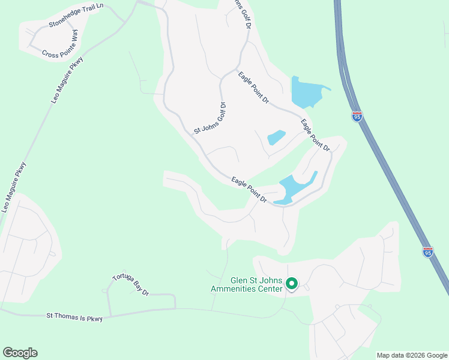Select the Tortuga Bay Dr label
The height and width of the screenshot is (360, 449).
tap(130, 285)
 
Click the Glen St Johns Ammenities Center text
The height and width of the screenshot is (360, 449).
tap(247, 284)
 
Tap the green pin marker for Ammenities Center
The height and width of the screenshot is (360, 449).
tap(292, 283)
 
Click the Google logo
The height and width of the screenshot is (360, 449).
tap(20, 353)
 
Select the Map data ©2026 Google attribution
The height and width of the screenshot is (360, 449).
tap(412, 355)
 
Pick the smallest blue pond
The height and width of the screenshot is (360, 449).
tap(276, 137)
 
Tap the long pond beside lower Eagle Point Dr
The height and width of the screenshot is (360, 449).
tap(296, 188)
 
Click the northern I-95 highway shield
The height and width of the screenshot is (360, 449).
tap(357, 116)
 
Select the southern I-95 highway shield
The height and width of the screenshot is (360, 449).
tap(427, 252)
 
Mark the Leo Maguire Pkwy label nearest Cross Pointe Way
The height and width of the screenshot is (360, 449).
tap(67, 80)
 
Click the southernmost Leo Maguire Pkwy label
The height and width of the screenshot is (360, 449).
tap(14, 187)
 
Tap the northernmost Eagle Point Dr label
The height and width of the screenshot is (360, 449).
tap(253, 88)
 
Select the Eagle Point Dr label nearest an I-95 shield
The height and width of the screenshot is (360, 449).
tap(316, 135)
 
